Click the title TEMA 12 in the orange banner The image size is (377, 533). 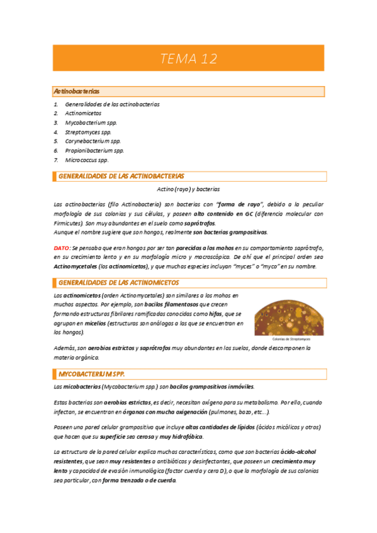tap(188, 59)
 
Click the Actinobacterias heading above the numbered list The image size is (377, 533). tap(76, 92)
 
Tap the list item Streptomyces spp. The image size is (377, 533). tap(88, 132)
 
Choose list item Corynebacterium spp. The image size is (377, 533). tap(93, 141)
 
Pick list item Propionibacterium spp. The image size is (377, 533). tap(94, 151)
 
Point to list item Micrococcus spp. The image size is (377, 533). tap(87, 160)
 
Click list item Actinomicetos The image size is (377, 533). tap(83, 113)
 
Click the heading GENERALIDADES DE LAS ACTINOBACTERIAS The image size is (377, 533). tap(121, 177)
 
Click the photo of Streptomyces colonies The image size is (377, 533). tap(289, 316)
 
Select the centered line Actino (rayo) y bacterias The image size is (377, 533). tap(188, 189)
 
